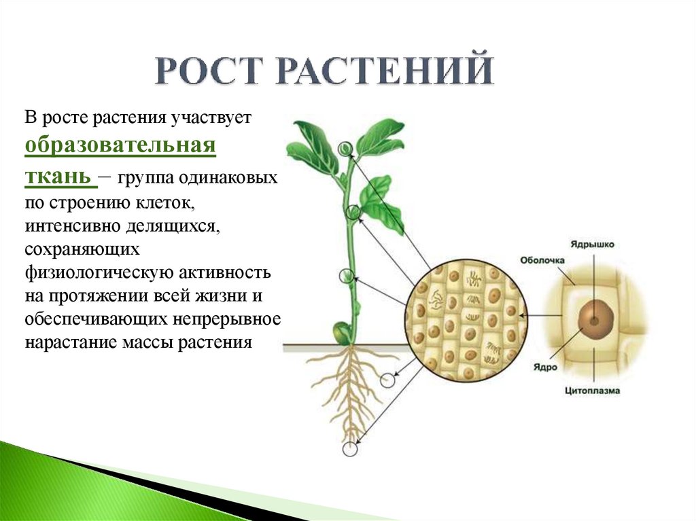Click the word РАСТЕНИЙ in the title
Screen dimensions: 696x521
click(385, 69)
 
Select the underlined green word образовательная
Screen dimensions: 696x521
click(120, 145)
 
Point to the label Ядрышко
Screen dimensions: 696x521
click(592, 245)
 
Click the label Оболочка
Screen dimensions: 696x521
click(542, 261)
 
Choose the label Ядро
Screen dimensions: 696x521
click(545, 367)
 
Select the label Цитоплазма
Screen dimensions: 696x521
click(592, 391)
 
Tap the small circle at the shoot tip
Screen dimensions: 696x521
click(345, 149)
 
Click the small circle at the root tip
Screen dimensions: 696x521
click(350, 449)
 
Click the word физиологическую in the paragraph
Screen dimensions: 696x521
click(99, 272)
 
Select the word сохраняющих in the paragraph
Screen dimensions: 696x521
click(82, 249)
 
